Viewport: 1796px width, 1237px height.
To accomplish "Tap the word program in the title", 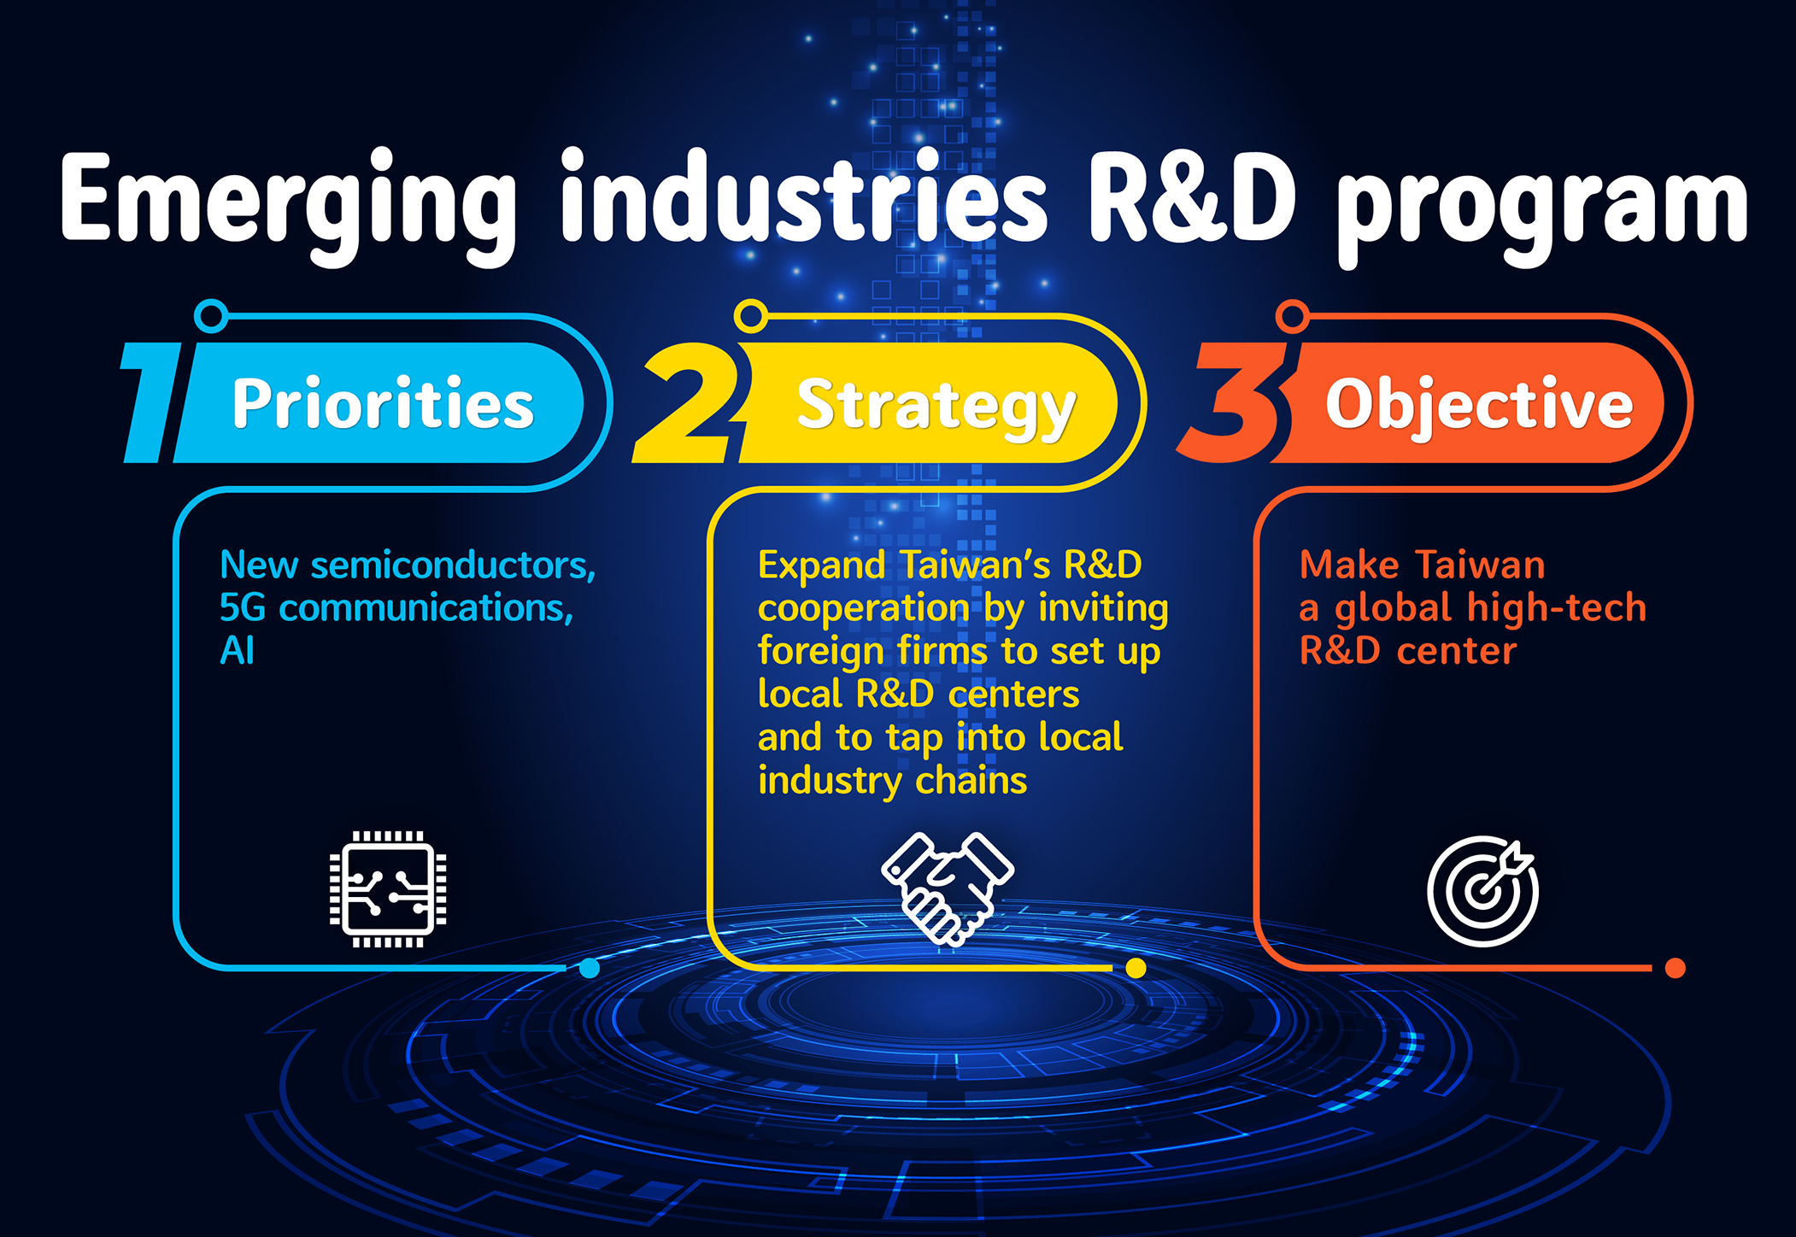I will (1541, 205).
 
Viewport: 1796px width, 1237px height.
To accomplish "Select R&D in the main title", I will (1191, 198).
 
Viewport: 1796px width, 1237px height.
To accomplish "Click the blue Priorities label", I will (383, 403).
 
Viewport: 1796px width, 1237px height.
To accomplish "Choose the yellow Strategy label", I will (935, 405).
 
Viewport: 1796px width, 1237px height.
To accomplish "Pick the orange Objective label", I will (1478, 403).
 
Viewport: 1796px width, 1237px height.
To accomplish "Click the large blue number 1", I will (152, 403).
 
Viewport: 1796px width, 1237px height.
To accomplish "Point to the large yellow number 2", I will (689, 403).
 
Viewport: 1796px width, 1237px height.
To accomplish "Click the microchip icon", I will (388, 888).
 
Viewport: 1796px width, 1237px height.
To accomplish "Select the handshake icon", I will (947, 888).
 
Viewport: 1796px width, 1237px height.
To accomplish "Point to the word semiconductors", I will (453, 566).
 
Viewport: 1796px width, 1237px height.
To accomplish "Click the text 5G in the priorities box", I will (243, 608).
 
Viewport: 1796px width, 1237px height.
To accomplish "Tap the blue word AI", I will (237, 651).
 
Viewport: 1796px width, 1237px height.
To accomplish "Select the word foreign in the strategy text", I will (820, 651).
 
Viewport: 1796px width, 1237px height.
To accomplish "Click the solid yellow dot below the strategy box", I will (1136, 968).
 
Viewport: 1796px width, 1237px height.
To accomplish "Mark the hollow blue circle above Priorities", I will (211, 315).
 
